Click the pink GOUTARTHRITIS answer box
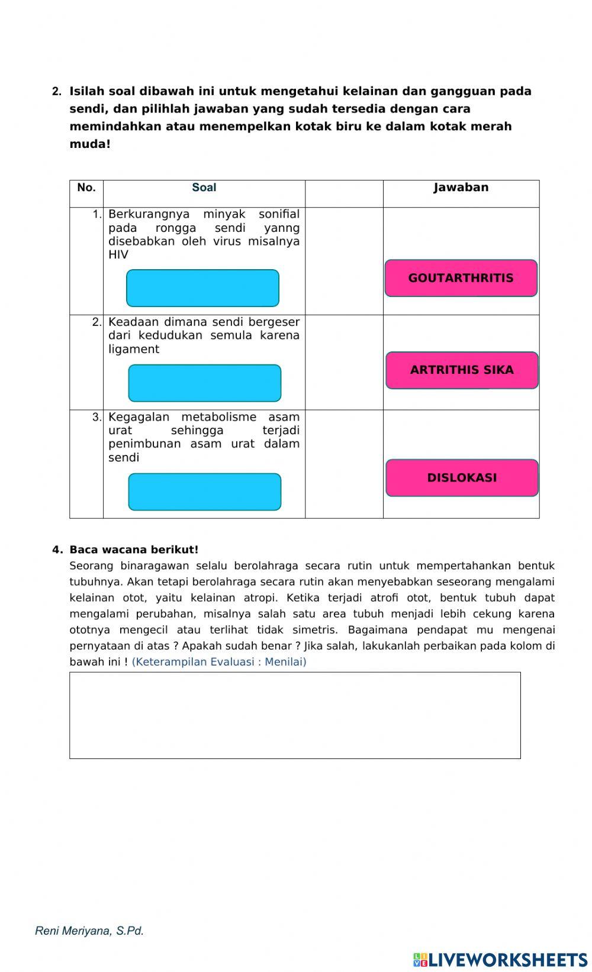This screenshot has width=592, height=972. coord(461,278)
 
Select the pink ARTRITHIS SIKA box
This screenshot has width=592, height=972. coord(462,370)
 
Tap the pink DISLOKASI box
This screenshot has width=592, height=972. coord(462,478)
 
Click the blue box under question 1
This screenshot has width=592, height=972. coord(202,288)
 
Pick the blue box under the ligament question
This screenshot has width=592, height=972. coord(204,383)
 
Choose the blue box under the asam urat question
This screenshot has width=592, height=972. coord(204,492)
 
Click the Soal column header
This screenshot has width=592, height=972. coord(204,188)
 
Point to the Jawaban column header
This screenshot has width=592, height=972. coord(461,188)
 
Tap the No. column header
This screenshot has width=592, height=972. coord(86,188)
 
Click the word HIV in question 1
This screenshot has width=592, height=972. coord(118,255)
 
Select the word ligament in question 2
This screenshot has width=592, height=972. coord(134,350)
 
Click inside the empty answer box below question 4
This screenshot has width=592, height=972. coord(295,715)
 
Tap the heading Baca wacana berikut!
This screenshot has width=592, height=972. coord(134,550)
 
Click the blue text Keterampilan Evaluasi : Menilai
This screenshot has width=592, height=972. coord(219,662)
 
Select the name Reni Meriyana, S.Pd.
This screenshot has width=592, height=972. coord(89,931)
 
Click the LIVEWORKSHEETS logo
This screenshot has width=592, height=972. coord(500,959)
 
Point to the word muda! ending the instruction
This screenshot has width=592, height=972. coord(90,144)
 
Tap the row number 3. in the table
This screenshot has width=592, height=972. coord(96,417)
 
